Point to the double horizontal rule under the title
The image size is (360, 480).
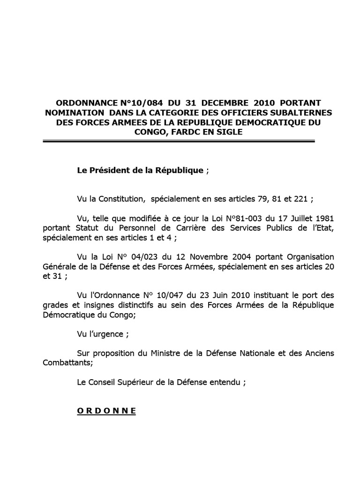(179, 141)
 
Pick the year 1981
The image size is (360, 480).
(324, 218)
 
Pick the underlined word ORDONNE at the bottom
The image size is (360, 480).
(106, 411)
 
